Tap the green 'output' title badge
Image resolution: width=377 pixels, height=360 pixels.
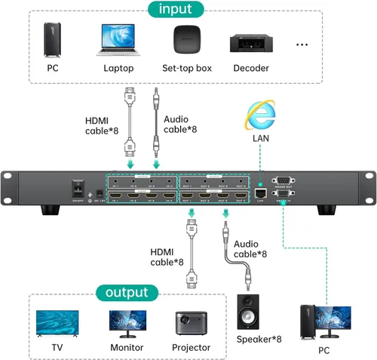click(x=127, y=292)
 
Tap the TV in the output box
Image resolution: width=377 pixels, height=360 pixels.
click(x=57, y=322)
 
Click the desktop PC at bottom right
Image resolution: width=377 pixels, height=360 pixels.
click(x=324, y=322)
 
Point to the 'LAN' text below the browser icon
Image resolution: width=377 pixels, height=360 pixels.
click(x=260, y=140)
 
